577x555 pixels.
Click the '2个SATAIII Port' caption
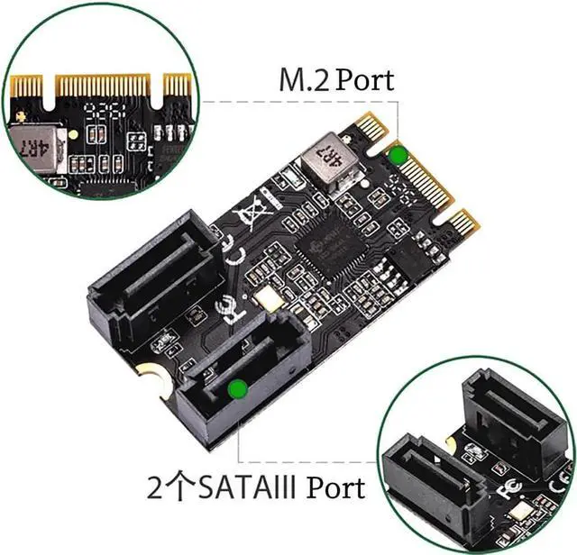(257, 487)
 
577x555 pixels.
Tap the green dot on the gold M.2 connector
(397, 154)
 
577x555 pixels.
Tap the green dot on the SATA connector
(238, 388)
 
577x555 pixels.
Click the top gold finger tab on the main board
(374, 125)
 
